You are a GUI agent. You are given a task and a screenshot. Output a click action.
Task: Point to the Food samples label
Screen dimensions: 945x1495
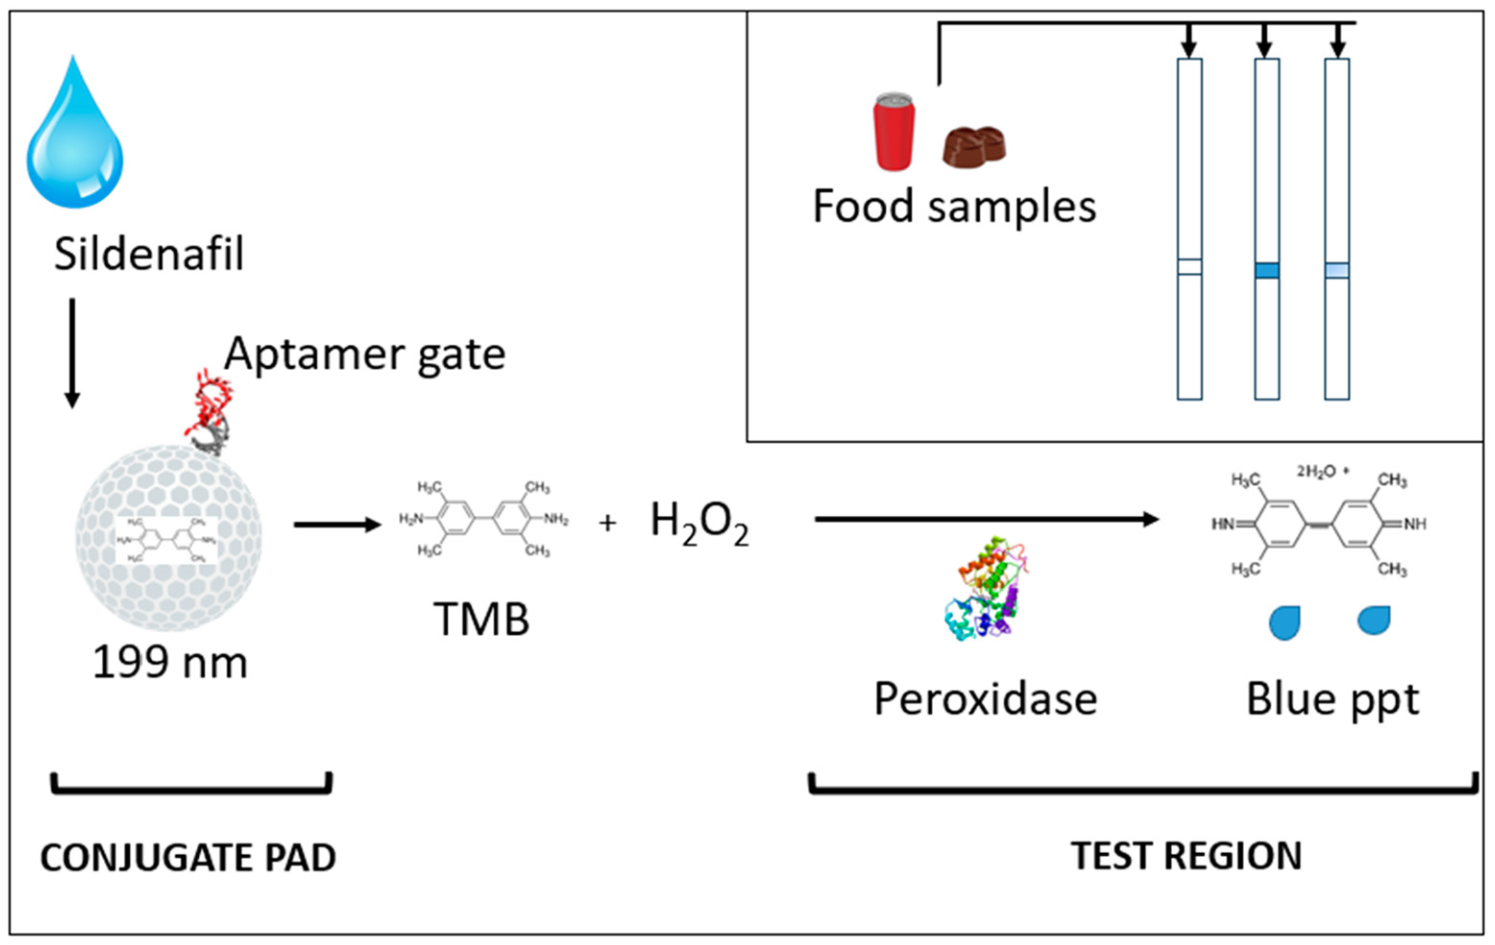[x=954, y=207]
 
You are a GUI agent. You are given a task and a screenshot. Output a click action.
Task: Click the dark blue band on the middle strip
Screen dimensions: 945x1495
[x=1266, y=271]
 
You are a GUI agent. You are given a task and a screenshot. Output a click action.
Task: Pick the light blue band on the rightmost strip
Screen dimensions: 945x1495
[x=1337, y=271]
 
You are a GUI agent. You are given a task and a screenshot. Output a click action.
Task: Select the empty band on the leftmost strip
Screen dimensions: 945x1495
[x=1190, y=267]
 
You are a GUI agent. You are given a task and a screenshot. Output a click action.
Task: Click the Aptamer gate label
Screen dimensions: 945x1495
[x=365, y=354]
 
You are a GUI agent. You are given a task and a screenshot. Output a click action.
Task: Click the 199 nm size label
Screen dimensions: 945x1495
[x=170, y=663]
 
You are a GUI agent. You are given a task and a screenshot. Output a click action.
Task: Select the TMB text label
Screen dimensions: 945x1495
[x=481, y=619]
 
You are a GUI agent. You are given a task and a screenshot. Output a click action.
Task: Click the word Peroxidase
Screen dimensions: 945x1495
[x=985, y=700]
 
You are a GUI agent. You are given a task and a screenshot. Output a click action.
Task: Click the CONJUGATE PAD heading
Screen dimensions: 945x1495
[x=188, y=858]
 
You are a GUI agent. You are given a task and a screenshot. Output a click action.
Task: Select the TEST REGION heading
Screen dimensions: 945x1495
[x=1186, y=856]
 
